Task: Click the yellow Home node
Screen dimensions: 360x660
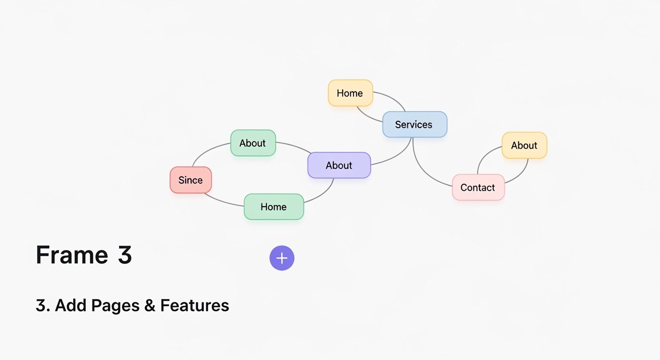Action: point(350,93)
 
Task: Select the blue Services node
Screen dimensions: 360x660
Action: point(414,124)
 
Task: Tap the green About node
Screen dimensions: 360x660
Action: point(253,143)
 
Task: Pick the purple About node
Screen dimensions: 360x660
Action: point(339,165)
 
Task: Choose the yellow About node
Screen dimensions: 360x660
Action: point(524,145)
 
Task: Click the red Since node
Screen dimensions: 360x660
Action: point(190,180)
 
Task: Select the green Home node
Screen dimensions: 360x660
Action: point(274,207)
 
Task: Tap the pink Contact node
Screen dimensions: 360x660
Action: point(478,187)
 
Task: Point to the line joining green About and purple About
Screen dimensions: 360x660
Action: point(294,145)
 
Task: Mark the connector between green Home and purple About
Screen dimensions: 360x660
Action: point(323,194)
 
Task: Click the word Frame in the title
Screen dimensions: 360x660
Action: point(72,255)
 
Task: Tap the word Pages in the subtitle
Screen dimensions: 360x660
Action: point(116,306)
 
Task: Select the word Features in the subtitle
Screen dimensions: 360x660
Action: point(195,306)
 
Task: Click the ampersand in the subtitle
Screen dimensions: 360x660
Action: point(150,306)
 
